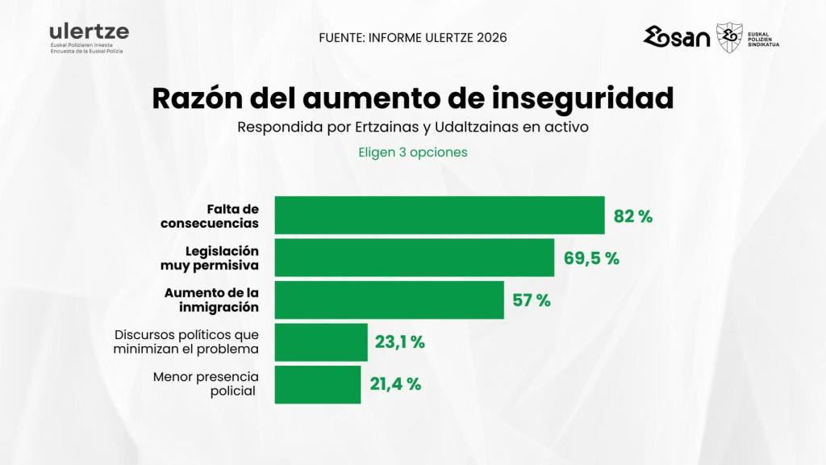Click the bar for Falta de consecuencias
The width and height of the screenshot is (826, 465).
[440, 216]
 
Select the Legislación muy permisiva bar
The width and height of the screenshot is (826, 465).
[415, 258]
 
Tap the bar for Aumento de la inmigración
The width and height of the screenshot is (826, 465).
[390, 300]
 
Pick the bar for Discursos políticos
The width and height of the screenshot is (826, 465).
[321, 342]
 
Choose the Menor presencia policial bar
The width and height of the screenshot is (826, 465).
[318, 384]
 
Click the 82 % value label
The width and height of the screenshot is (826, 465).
[633, 216]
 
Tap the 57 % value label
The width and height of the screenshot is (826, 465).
[532, 300]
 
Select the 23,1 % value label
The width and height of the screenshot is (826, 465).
[399, 342]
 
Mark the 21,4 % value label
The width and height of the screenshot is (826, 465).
[395, 384]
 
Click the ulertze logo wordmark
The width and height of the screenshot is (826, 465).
[89, 32]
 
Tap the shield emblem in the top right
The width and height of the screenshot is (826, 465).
[729, 37]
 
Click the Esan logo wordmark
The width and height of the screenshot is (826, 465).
[677, 37]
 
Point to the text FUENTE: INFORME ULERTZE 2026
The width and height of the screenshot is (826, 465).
[412, 38]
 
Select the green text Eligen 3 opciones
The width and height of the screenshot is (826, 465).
[412, 152]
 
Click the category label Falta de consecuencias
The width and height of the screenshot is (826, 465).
[210, 216]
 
